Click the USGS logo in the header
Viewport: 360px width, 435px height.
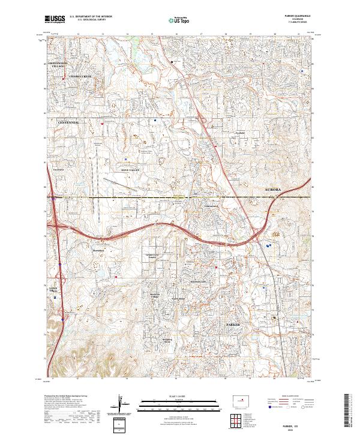(x=55, y=19)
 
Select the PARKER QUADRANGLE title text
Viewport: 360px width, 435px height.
(x=302, y=17)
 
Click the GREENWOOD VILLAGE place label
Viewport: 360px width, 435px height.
(x=59, y=64)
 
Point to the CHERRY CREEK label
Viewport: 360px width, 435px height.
(x=80, y=77)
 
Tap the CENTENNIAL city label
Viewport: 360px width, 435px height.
(x=68, y=122)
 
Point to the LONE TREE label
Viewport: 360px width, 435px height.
(x=52, y=290)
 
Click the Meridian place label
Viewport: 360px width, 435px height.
(x=98, y=250)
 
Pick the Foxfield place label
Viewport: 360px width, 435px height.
(x=241, y=133)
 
